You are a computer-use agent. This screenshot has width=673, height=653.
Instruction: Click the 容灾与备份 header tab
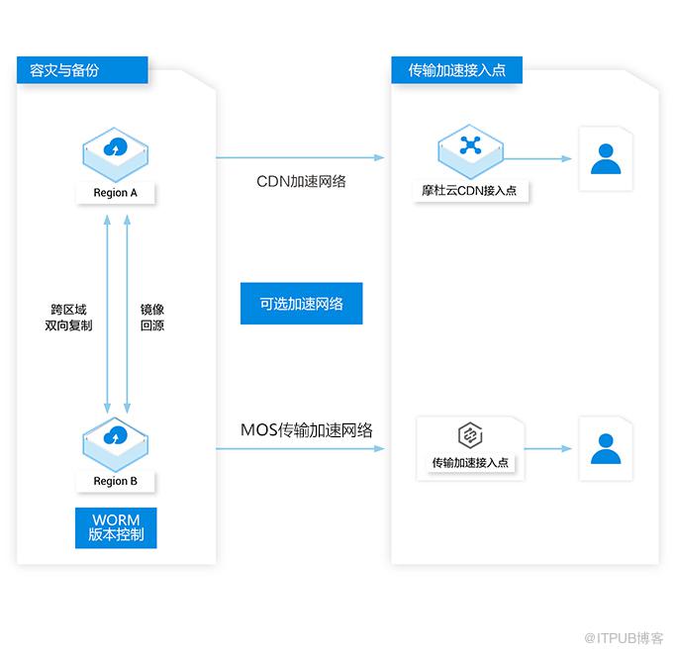pos(82,70)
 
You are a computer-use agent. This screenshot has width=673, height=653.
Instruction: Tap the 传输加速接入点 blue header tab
pos(456,70)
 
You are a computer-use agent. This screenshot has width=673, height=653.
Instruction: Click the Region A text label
pos(117,192)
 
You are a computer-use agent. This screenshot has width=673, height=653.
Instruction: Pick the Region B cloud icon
pos(117,439)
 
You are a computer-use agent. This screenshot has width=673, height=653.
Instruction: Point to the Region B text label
pos(117,481)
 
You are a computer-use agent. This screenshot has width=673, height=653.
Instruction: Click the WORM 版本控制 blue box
pos(117,527)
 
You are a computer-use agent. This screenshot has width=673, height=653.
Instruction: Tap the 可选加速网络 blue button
pos(301,304)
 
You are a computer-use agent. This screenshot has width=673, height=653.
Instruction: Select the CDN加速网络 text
pos(301,182)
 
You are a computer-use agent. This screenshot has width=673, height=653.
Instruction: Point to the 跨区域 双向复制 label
pos(68,317)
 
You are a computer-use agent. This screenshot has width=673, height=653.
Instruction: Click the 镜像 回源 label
pos(152,317)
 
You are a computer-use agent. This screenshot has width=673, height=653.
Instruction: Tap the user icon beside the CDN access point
pos(605,158)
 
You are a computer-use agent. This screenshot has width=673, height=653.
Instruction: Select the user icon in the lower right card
pos(605,448)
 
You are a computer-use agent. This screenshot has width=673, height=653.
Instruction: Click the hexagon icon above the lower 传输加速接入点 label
pos(469,435)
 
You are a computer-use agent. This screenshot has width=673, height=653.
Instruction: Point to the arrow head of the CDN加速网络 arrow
pos(379,157)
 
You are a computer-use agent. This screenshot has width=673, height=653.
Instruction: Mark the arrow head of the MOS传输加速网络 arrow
pos(379,449)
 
